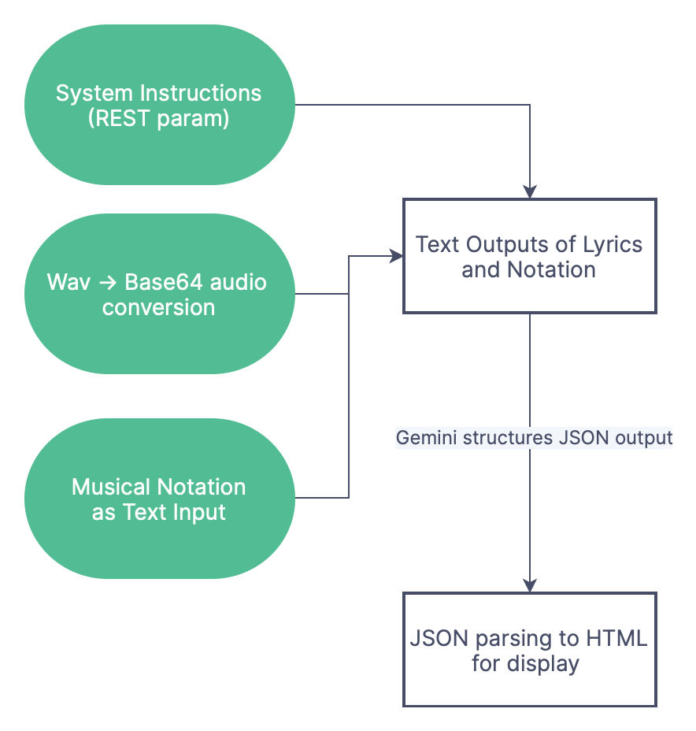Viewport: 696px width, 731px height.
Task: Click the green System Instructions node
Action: [158, 105]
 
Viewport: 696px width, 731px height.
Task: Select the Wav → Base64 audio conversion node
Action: [158, 294]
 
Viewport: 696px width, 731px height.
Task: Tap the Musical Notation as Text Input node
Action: [158, 499]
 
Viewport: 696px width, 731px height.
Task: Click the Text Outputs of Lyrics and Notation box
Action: [529, 257]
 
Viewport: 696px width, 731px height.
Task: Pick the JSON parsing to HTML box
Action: [529, 650]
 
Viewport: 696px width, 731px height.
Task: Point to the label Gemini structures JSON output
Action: [534, 438]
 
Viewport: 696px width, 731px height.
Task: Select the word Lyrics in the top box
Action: [613, 243]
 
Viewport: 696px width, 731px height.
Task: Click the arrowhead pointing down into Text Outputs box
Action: [530, 191]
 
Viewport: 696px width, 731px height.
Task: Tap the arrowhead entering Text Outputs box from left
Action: [397, 255]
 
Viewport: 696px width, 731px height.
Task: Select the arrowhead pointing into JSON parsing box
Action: [530, 585]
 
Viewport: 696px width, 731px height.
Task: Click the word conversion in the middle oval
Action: [158, 307]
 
